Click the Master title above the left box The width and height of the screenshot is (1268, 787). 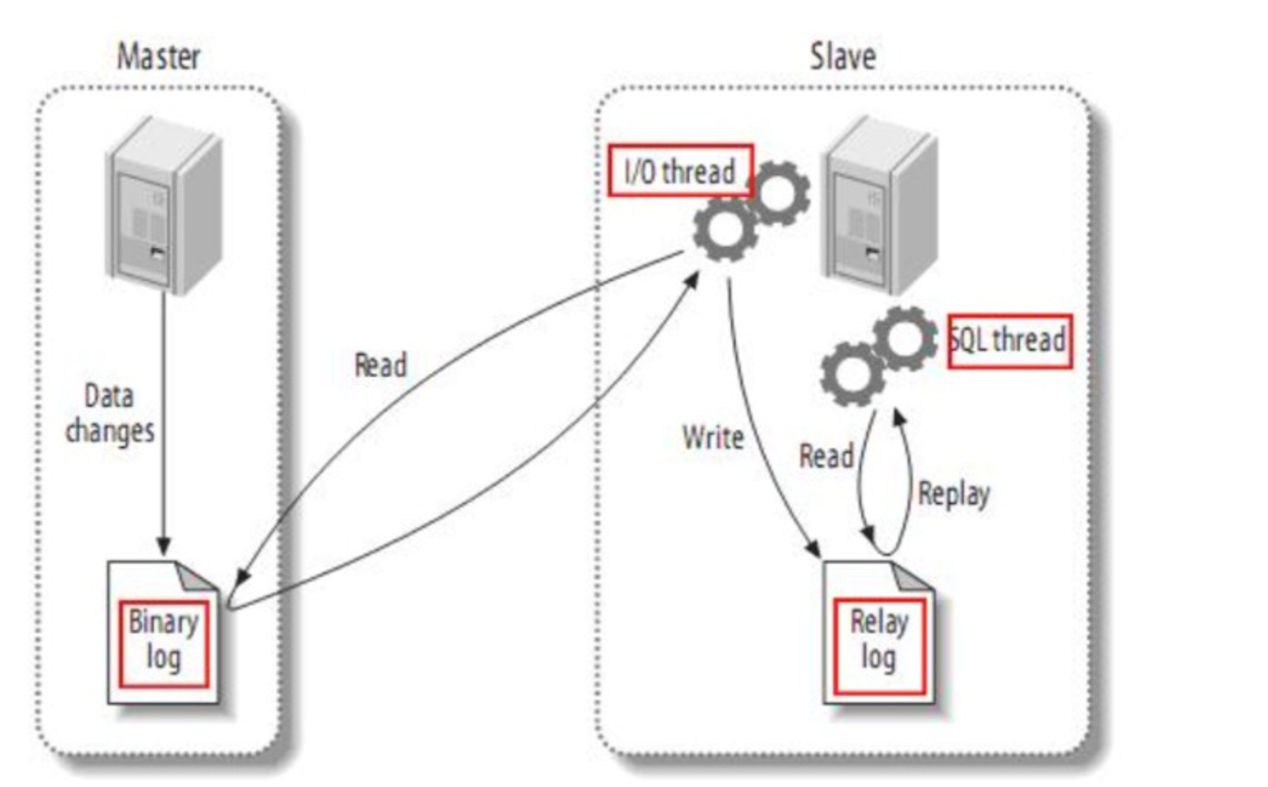(x=159, y=56)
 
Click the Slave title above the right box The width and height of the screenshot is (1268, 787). (x=843, y=56)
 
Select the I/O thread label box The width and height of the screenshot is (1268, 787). (x=680, y=170)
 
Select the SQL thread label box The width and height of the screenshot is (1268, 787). (x=1010, y=341)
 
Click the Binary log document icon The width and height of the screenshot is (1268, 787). (x=164, y=632)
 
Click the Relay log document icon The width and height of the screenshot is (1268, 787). (x=879, y=632)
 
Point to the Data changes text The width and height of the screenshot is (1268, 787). (x=110, y=414)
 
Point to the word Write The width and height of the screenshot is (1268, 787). (x=713, y=437)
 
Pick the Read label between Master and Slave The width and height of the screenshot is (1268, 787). (x=380, y=365)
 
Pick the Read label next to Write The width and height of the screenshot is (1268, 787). (x=827, y=456)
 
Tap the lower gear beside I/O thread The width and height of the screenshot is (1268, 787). (x=725, y=229)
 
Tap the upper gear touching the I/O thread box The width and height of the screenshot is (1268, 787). (x=779, y=193)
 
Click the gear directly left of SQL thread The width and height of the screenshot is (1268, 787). (x=905, y=339)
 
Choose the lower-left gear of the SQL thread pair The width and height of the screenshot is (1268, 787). (x=853, y=374)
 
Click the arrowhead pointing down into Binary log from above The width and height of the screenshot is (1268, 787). (x=164, y=546)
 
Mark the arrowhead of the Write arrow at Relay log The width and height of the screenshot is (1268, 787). (x=813, y=549)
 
